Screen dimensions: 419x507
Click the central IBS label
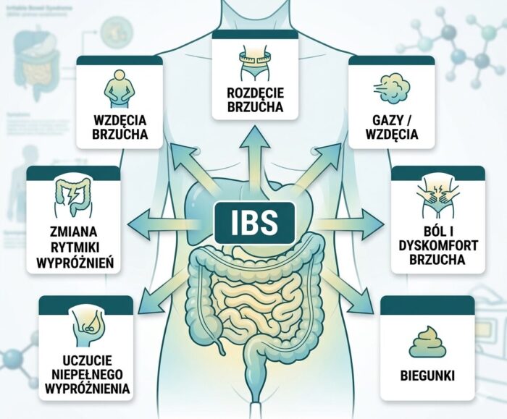253,222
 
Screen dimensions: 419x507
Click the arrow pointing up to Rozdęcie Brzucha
253,148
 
